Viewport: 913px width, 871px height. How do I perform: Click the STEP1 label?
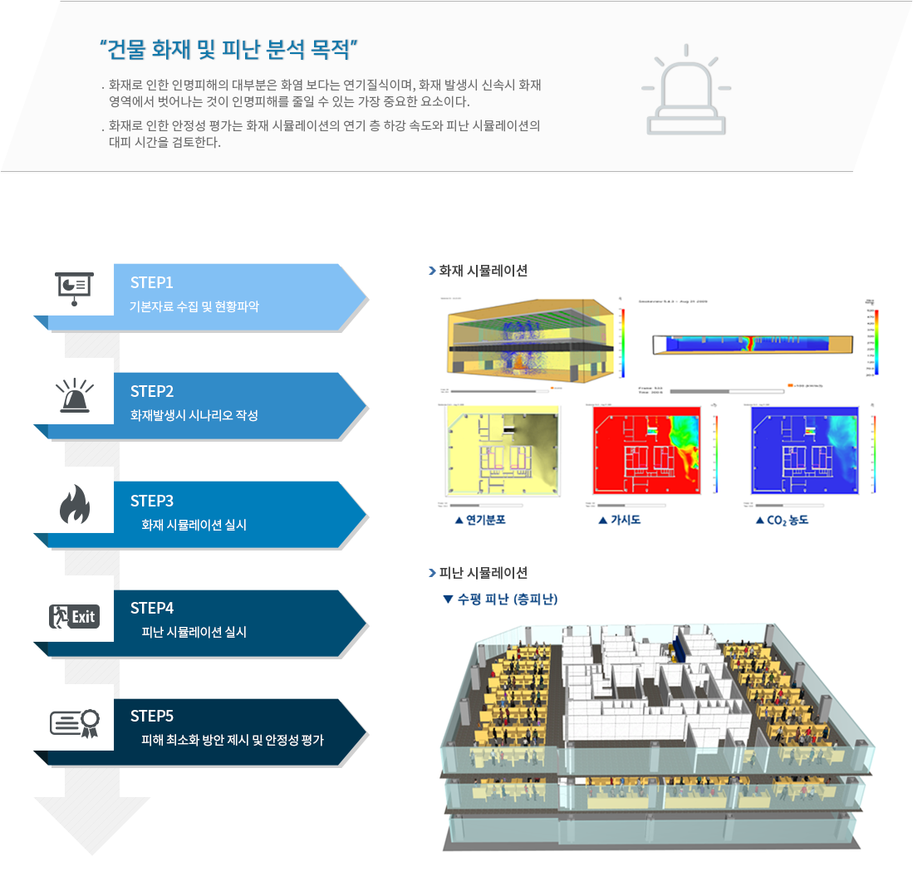coord(151,283)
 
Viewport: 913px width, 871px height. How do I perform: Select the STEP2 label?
coord(151,392)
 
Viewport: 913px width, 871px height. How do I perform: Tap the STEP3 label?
coord(151,501)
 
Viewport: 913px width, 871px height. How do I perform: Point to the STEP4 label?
coord(151,608)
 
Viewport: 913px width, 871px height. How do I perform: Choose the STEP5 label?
coord(151,716)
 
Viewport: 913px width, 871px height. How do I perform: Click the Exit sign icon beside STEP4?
coord(74,616)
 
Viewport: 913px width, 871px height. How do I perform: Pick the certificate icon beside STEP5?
coord(74,722)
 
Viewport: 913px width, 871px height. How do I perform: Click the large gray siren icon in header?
coord(685,91)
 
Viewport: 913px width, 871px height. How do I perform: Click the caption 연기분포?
coord(480,521)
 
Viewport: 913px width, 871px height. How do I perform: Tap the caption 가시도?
coord(620,521)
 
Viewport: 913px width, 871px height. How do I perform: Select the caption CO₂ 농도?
coord(782,521)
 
